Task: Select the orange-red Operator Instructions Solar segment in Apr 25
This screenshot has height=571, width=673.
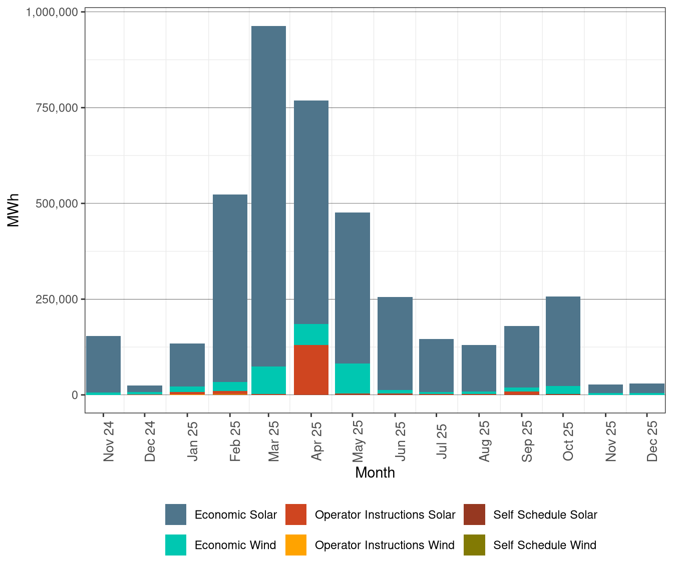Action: (311, 369)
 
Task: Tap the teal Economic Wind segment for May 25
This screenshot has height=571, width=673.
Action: (353, 378)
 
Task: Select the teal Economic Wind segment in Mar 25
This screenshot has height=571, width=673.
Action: (268, 380)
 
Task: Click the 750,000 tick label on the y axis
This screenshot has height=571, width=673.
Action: (52, 108)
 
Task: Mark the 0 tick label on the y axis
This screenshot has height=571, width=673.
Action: (75, 395)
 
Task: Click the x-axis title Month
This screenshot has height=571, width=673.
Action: (375, 472)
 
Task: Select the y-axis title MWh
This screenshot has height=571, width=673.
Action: (14, 210)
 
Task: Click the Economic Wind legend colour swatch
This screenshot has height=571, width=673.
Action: (176, 545)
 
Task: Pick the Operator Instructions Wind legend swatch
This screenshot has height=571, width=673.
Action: (295, 545)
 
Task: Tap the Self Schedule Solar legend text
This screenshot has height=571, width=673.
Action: (545, 515)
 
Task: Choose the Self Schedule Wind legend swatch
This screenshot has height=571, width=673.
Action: (474, 545)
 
